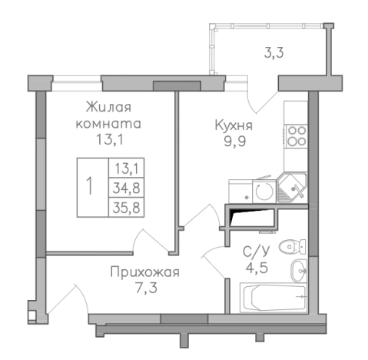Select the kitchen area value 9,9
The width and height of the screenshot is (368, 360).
234,141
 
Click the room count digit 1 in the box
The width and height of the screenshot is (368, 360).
91,186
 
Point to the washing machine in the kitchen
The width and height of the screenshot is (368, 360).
262,191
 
